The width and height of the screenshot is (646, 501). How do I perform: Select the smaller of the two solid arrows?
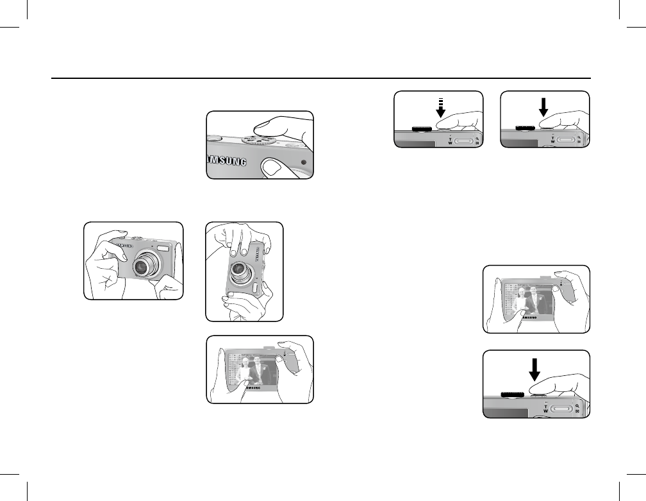(542, 107)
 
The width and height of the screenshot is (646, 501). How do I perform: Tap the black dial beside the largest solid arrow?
(513, 394)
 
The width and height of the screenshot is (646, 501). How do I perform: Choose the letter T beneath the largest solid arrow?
(545, 403)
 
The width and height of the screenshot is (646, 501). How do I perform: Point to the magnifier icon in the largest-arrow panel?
(579, 405)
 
